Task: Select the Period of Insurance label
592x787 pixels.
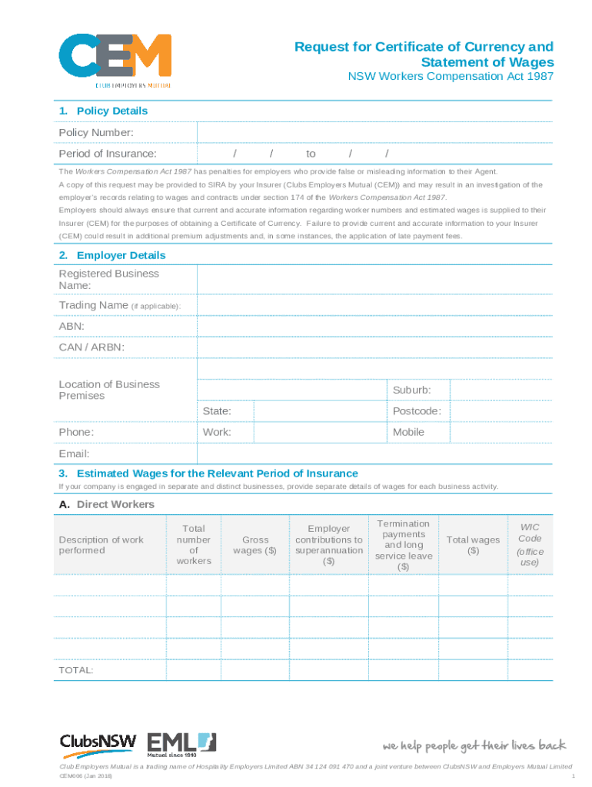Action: tap(108, 154)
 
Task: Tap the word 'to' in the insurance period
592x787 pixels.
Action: tap(311, 154)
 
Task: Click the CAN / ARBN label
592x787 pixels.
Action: tap(91, 347)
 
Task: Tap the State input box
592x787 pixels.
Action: tap(320, 411)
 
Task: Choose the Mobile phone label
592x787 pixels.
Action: tap(408, 432)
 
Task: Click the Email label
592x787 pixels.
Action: tap(75, 454)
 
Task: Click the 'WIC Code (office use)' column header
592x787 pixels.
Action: tap(530, 545)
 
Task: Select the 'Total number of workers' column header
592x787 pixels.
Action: tap(193, 545)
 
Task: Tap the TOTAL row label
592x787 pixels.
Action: tap(76, 671)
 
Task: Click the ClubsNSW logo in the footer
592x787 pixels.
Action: tap(98, 744)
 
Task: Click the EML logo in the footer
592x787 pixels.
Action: tap(181, 744)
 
